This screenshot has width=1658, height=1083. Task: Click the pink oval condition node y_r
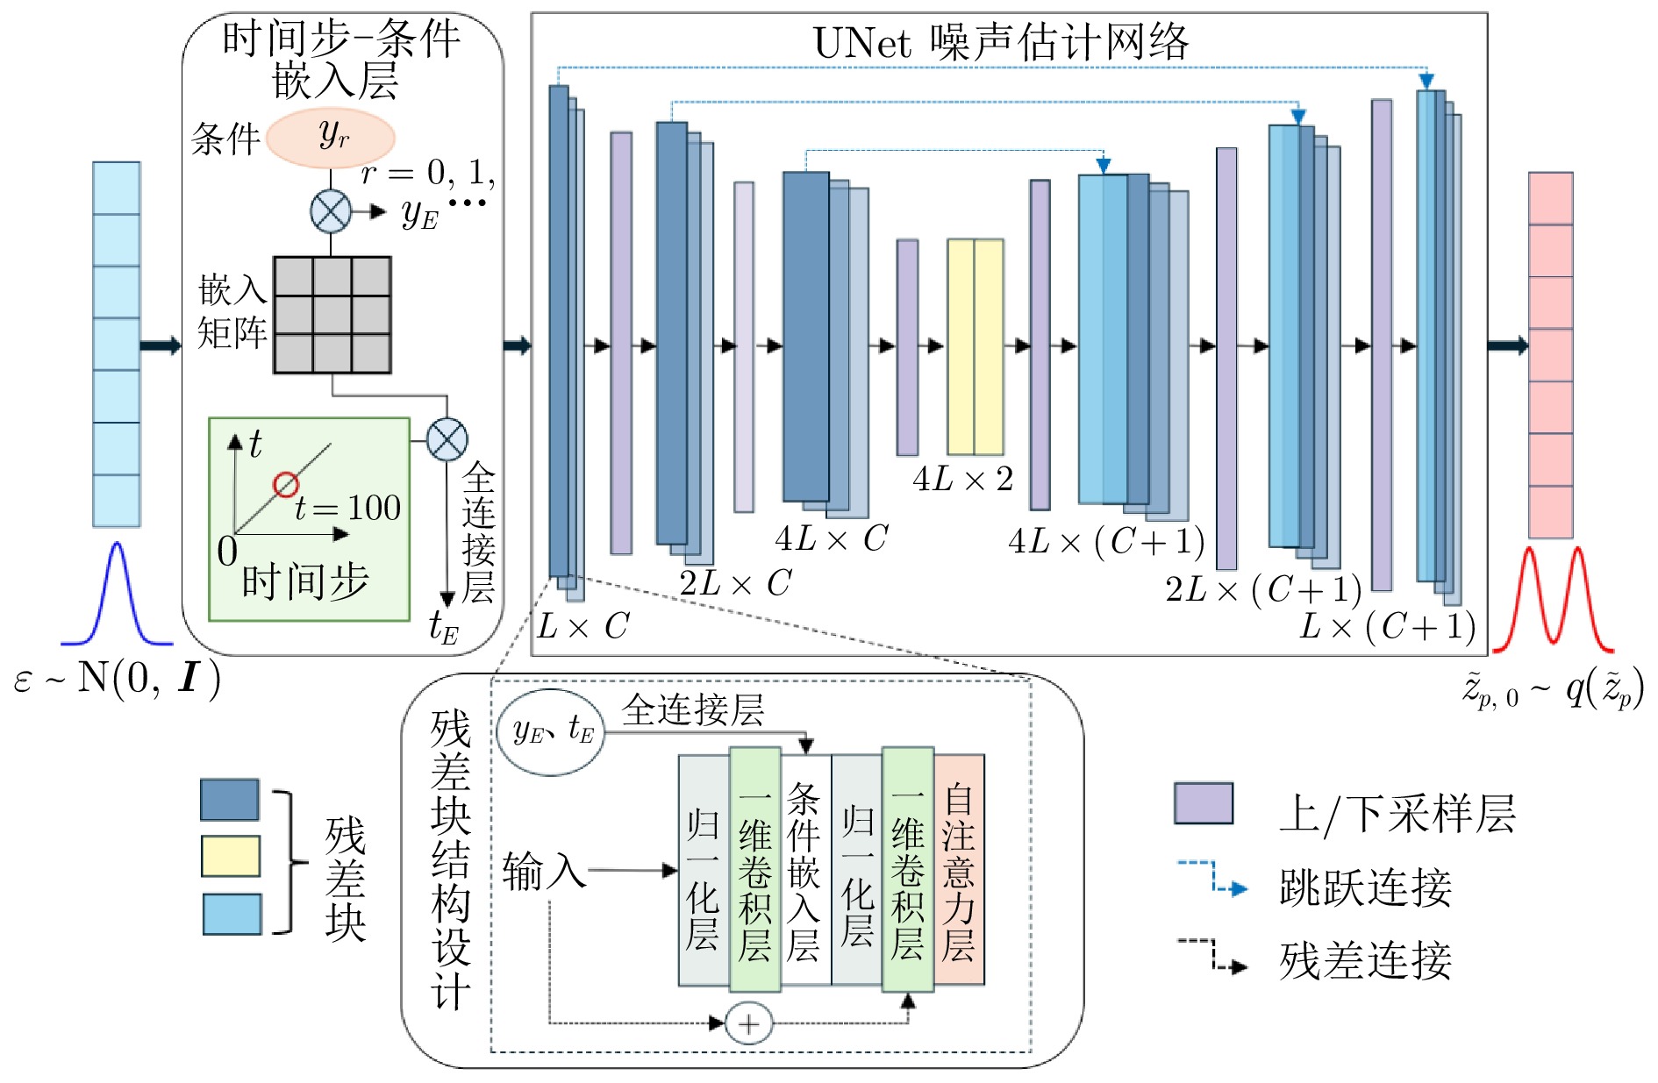click(331, 138)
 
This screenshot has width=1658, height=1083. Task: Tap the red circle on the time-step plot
click(286, 485)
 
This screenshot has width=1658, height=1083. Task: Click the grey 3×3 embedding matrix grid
click(332, 315)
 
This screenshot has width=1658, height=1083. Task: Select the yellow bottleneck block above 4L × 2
click(976, 346)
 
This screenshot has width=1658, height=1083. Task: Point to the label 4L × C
click(831, 538)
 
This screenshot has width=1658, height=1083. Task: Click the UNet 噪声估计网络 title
click(1001, 42)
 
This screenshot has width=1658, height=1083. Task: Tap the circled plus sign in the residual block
click(749, 1023)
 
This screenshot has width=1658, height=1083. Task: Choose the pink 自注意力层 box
click(959, 869)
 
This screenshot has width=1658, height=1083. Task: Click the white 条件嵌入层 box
click(804, 869)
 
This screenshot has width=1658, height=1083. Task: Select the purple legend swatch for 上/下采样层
click(1204, 803)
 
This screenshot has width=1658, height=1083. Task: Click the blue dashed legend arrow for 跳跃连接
click(1211, 878)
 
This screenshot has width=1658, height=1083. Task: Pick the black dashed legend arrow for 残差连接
click(1211, 955)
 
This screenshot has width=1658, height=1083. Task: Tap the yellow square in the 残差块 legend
click(231, 856)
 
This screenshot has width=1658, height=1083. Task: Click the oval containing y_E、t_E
click(552, 731)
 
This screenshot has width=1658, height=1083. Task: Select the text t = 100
click(347, 507)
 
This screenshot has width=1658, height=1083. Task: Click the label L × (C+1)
click(1388, 627)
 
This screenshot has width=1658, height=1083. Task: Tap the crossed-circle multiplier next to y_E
click(331, 211)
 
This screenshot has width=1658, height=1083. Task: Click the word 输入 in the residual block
click(544, 872)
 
